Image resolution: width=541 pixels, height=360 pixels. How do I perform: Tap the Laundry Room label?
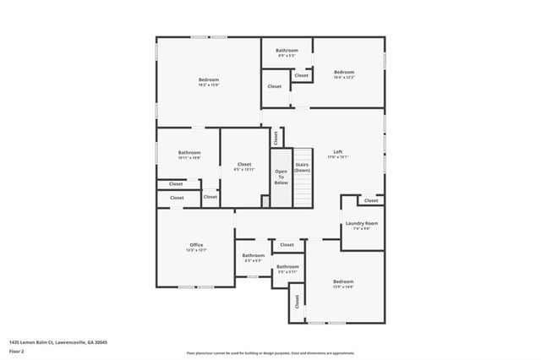[361, 226]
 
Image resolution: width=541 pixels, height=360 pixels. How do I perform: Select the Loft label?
[337, 154]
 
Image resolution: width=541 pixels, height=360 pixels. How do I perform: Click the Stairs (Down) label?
[303, 167]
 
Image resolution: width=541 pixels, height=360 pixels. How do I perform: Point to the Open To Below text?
[281, 177]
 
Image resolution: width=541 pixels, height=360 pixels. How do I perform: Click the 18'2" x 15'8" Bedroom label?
[208, 82]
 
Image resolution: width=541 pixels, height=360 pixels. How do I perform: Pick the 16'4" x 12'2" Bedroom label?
[343, 74]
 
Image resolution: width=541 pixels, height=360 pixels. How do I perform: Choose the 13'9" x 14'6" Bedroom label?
[342, 284]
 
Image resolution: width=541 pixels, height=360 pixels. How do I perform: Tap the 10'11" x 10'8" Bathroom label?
[189, 155]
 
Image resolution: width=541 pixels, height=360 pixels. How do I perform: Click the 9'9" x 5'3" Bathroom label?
[287, 52]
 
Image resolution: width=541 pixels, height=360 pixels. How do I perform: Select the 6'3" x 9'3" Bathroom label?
[254, 258]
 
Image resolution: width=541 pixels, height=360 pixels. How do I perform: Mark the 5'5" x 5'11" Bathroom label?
[287, 269]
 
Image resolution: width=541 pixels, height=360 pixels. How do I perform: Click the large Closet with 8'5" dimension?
[244, 166]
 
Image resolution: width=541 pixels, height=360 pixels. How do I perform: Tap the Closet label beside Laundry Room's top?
[371, 200]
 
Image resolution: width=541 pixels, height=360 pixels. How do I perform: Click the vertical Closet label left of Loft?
[276, 137]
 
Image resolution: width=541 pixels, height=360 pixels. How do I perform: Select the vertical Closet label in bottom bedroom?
[297, 301]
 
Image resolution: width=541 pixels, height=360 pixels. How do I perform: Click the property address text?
[58, 342]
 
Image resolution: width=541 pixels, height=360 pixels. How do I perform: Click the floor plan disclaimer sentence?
[270, 353]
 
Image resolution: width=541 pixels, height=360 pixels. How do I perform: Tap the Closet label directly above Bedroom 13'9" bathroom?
[287, 245]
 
